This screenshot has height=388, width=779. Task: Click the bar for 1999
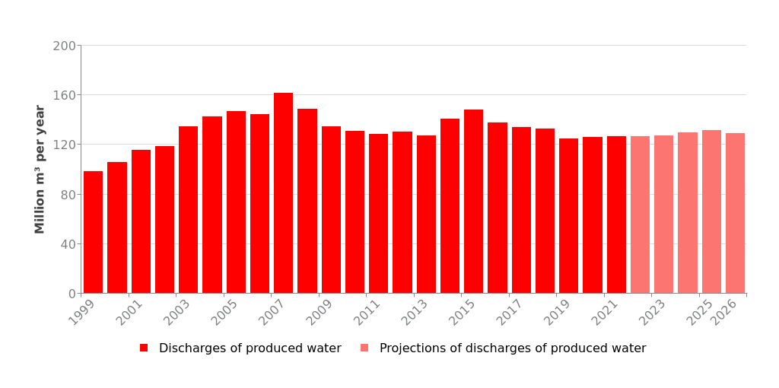[93, 232]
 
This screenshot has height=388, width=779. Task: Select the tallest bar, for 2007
[283, 193]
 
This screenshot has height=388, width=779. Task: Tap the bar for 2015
[473, 202]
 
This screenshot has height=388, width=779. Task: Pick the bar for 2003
[188, 210]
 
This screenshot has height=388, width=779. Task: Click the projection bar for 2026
[735, 213]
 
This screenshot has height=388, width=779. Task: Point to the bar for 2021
[616, 215]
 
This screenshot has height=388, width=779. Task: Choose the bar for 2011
[378, 214]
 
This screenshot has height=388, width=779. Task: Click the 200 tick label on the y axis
[64, 46]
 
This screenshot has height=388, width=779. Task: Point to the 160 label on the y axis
[64, 96]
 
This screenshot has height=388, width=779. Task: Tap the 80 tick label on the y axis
[67, 195]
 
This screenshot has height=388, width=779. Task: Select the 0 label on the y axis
[72, 294]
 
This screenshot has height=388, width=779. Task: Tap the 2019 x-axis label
[560, 313]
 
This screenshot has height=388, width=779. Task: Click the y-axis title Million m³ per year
[40, 169]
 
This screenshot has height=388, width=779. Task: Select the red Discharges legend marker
[144, 348]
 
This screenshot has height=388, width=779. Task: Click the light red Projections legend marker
[364, 348]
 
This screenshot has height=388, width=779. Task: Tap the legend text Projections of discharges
[512, 348]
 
